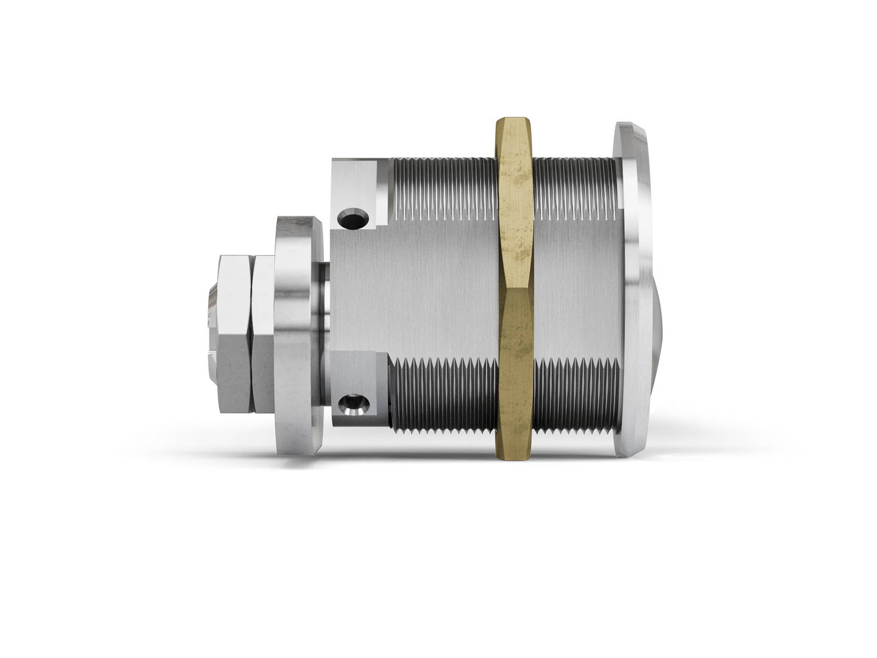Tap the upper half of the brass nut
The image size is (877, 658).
pos(516,201)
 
